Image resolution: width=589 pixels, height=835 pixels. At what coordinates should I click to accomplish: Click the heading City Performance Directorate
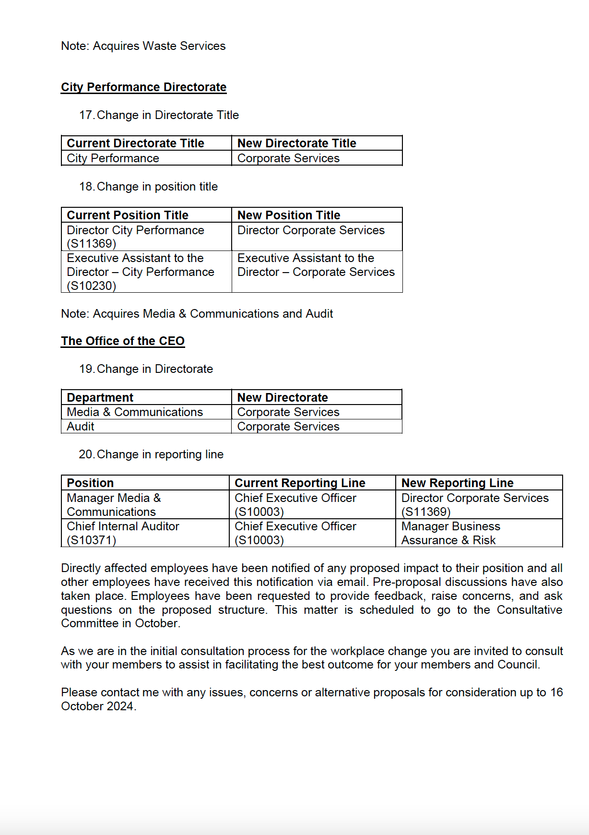143,87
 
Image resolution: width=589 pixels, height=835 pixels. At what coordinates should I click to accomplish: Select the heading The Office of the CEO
123,341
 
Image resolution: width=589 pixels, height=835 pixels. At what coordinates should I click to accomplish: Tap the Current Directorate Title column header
135,143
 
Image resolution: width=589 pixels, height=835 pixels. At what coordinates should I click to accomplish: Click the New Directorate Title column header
296,143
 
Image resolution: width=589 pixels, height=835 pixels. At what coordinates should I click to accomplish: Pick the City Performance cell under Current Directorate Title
113,158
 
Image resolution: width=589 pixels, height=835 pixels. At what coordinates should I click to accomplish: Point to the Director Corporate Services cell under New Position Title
311,230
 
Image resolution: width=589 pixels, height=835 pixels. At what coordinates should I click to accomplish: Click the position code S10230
92,286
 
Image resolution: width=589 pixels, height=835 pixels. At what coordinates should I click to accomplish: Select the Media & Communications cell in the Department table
135,412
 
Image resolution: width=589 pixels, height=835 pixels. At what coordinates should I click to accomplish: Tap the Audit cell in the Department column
81,427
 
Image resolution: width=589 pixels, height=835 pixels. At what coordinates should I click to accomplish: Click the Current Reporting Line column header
300,483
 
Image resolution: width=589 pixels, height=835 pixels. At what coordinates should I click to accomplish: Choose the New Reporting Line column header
457,483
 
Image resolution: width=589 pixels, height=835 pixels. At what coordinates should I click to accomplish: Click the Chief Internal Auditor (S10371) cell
123,533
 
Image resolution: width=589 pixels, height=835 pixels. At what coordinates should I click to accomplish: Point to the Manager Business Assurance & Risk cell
450,533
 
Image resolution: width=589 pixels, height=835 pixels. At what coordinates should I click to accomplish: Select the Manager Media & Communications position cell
114,505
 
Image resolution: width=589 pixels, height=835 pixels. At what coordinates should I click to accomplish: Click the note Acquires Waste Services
143,46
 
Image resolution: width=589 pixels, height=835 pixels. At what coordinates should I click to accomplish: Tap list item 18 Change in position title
149,187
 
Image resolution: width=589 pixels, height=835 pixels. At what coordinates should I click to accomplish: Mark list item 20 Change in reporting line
152,454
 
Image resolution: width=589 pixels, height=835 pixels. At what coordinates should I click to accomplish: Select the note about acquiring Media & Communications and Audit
197,314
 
